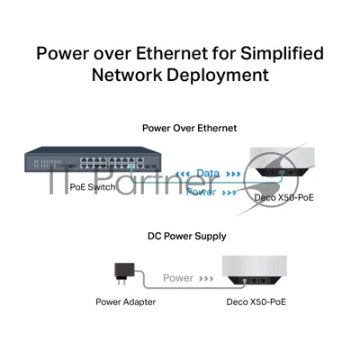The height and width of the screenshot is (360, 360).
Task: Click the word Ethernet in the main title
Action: pyautogui.click(x=172, y=53)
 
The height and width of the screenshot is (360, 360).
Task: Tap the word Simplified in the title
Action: pyautogui.click(x=282, y=53)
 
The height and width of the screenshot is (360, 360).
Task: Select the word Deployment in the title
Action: pyautogui.click(x=218, y=76)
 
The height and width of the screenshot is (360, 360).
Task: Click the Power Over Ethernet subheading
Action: pyautogui.click(x=189, y=128)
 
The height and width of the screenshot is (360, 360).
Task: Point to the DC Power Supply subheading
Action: pyautogui.click(x=186, y=236)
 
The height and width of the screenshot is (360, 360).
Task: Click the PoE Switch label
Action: pyautogui.click(x=93, y=187)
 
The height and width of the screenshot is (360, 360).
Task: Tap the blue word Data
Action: pyautogui.click(x=208, y=173)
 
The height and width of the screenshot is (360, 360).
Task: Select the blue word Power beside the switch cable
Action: pyautogui.click(x=201, y=192)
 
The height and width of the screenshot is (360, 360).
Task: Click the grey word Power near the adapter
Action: pyautogui.click(x=178, y=278)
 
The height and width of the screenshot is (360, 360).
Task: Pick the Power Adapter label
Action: pyautogui.click(x=126, y=301)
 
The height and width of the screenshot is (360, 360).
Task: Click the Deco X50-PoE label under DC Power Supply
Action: pyautogui.click(x=256, y=301)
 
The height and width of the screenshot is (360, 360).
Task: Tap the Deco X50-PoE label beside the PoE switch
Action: pyautogui.click(x=283, y=197)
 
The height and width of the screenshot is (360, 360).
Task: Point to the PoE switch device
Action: pyautogui.click(x=93, y=159)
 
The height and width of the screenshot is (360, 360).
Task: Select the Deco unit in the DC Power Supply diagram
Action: pyautogui.click(x=255, y=270)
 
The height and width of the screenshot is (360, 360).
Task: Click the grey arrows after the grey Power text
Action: pyautogui.click(x=206, y=279)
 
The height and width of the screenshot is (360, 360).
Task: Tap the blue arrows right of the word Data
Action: pyautogui.click(x=233, y=174)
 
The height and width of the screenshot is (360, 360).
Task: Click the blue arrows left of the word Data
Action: pyautogui.click(x=183, y=174)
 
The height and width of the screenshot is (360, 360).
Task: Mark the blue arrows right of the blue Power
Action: pyautogui.click(x=229, y=193)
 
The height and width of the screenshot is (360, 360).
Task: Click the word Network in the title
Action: pyautogui.click(x=127, y=75)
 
